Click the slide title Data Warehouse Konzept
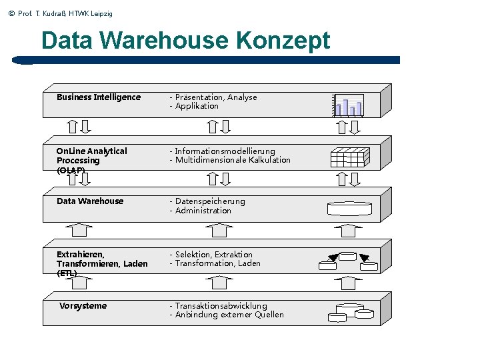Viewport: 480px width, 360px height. click(185, 41)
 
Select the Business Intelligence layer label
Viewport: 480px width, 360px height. click(99, 97)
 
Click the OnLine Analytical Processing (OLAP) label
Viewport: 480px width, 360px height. click(91, 161)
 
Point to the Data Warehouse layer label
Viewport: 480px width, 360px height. click(90, 201)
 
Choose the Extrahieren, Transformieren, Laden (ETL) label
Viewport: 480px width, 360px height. click(102, 264)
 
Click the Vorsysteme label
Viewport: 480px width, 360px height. click(83, 306)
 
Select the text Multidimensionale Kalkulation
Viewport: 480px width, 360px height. click(233, 160)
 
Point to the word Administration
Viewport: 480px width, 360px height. click(203, 211)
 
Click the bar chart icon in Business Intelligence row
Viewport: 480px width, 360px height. click(349, 105)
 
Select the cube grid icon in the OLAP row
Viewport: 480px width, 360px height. click(348, 157)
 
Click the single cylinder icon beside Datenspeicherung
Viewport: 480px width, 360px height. click(349, 209)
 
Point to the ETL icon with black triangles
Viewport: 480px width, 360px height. click(347, 261)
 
